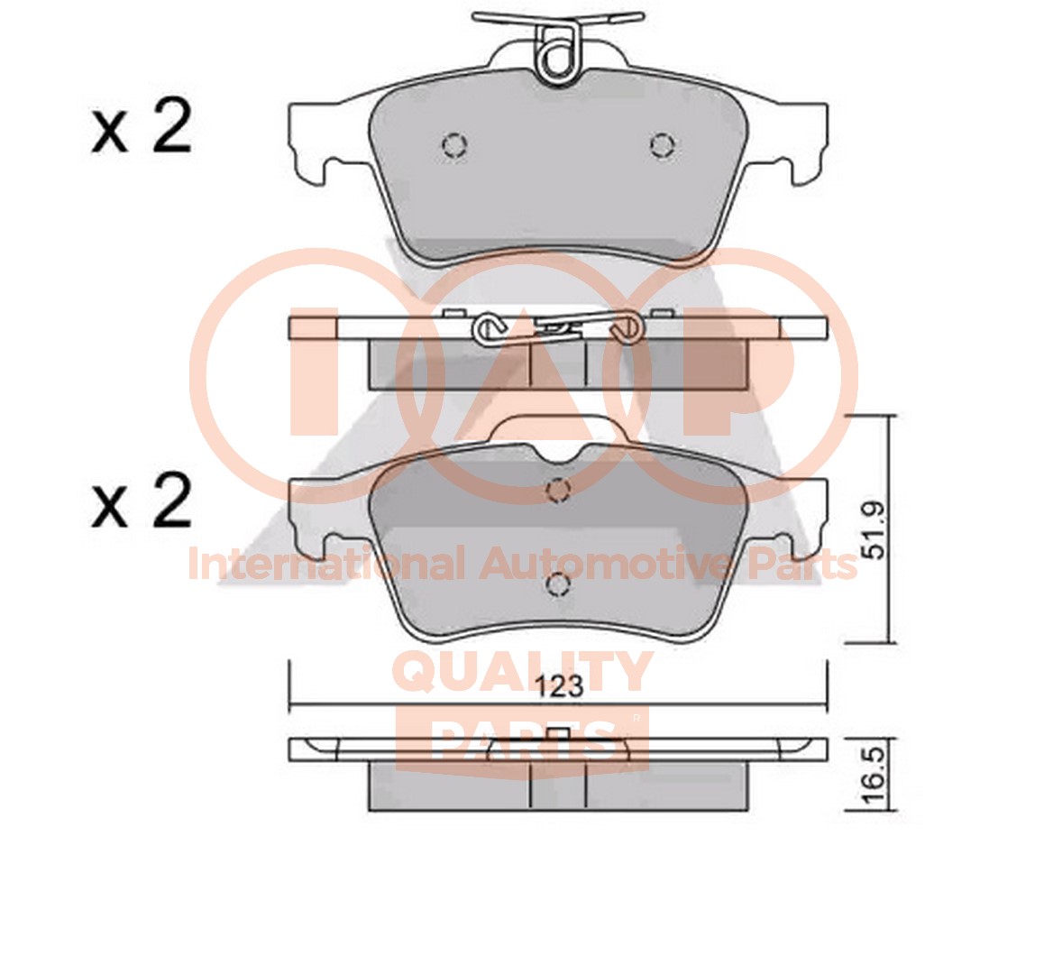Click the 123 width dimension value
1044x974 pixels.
559,686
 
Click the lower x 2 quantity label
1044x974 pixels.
142,501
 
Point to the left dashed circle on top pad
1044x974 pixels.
454,145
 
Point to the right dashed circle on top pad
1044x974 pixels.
663,145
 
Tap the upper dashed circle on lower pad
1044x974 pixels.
558,492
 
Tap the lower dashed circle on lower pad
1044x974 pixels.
558,584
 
